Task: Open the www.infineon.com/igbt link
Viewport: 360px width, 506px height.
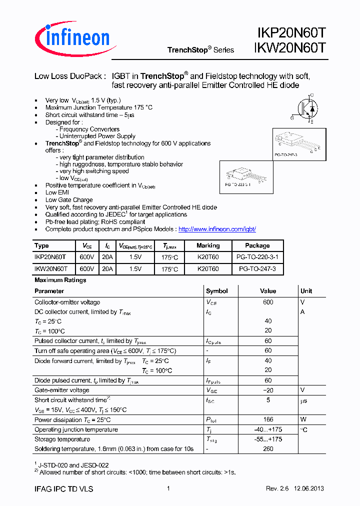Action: pyautogui.click(x=217, y=229)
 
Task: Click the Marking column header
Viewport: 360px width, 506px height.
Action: pyautogui.click(x=208, y=245)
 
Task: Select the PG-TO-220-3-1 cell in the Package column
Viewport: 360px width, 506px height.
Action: pyautogui.click(x=257, y=256)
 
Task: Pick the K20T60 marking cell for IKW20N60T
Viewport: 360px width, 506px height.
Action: pyautogui.click(x=208, y=268)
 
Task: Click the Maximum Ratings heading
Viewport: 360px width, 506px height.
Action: pyautogui.click(x=60, y=280)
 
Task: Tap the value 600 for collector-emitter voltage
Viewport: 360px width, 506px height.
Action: pyautogui.click(x=268, y=302)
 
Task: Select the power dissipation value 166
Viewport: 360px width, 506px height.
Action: pyautogui.click(x=268, y=420)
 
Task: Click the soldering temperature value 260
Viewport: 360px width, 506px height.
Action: pyautogui.click(x=268, y=449)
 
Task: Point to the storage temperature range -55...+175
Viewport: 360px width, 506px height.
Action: pyautogui.click(x=268, y=439)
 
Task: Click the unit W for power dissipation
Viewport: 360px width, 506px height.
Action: pyautogui.click(x=303, y=420)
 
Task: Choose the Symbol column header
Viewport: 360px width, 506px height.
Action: pyautogui.click(x=216, y=291)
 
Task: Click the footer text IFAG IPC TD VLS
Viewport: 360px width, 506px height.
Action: pyautogui.click(x=63, y=489)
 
